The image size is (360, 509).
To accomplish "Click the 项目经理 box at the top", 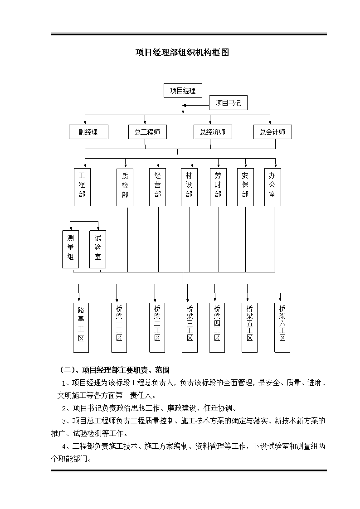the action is coord(183,91).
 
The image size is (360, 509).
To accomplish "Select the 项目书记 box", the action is coord(228,102).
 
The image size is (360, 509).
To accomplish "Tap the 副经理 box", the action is coord(88,132).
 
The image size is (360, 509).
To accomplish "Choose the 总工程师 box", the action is coord(147,132).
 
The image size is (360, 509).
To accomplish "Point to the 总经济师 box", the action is coord(213,132).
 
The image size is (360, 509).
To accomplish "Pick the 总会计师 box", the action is coord(272,132).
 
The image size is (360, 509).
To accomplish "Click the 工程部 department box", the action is coord(82,187).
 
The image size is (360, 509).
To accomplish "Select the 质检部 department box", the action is coord(125,187).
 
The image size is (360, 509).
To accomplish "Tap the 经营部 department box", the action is coord(157,187).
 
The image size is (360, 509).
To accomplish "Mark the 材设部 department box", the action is coord(189,187).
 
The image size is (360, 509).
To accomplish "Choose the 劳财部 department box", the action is coord(218,187).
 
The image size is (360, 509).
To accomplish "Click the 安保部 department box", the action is coord(245,187).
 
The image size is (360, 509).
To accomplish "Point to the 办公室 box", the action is coord(272,187).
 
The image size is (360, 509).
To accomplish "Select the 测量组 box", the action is coord(70,249).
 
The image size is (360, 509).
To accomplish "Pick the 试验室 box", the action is coord(98,249).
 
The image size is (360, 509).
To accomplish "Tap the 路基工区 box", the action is coord(81,328).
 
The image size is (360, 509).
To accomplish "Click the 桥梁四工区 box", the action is coord(217,328).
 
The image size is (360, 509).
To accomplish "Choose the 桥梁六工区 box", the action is coord(282,328).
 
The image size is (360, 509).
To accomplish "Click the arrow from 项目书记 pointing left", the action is coord(196,105).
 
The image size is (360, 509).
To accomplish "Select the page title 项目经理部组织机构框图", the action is coord(182,52).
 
